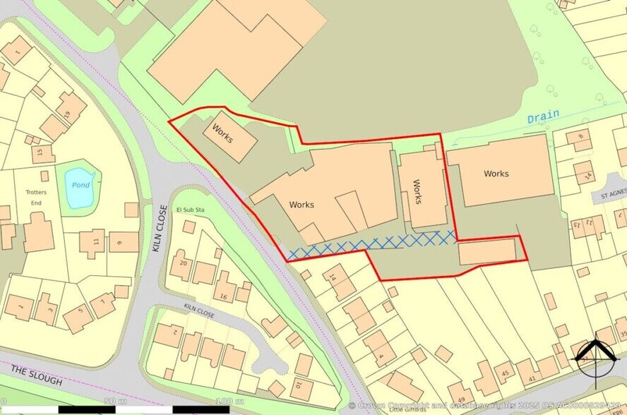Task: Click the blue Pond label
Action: (80, 186)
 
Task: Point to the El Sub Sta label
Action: (190, 210)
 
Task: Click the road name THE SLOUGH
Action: (37, 376)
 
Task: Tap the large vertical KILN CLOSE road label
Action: (159, 228)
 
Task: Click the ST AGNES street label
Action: (613, 194)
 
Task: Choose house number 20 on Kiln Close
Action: (183, 263)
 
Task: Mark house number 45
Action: (505, 373)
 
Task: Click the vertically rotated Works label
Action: (417, 192)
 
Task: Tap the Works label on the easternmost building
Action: (496, 174)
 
